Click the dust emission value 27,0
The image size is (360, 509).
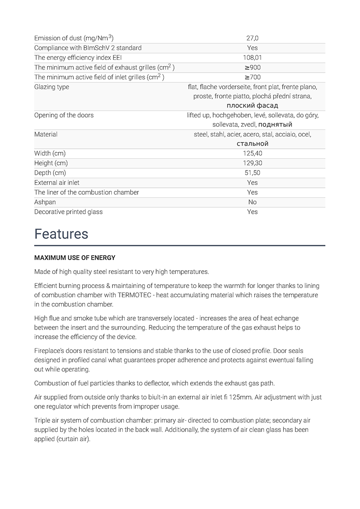[x=252, y=38]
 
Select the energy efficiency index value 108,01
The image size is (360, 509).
[x=252, y=58]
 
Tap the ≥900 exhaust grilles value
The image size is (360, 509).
[x=252, y=67]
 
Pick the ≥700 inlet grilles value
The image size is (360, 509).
[x=252, y=77]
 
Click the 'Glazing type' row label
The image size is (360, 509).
[x=51, y=87]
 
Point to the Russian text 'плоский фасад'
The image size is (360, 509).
[x=252, y=106]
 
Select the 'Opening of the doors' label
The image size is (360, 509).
[x=64, y=115]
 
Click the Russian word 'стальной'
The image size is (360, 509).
[x=252, y=144]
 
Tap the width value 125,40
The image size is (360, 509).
[x=252, y=153]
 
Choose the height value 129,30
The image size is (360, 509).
[x=252, y=163]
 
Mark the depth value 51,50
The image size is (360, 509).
[x=252, y=173]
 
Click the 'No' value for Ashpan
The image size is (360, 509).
[x=252, y=202]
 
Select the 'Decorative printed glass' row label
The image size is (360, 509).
[x=68, y=212]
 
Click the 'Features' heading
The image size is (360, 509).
[x=61, y=234]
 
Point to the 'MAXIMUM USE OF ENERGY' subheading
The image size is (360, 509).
[x=75, y=258]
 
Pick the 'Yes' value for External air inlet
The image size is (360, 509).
[x=252, y=182]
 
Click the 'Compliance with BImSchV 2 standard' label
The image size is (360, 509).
[x=88, y=48]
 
